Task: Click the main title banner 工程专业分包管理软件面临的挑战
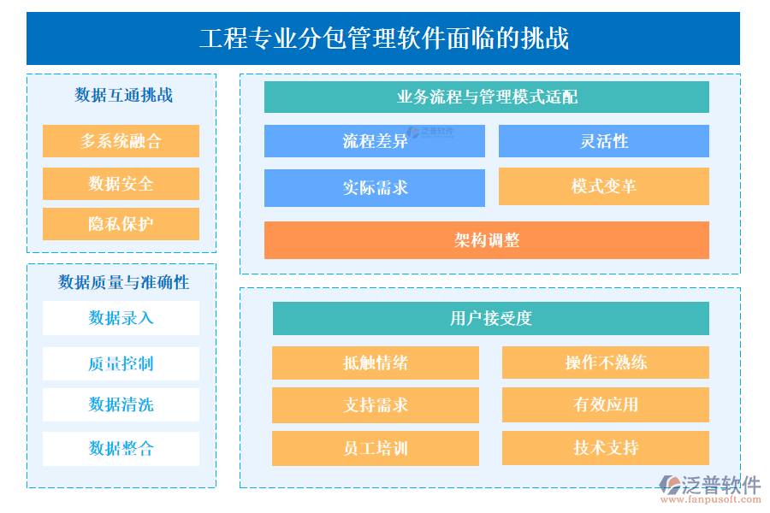click(x=383, y=38)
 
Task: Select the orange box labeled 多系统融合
click(x=121, y=141)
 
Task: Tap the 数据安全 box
click(x=121, y=184)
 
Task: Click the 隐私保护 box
click(x=121, y=224)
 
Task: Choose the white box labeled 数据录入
click(x=121, y=318)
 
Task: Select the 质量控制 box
click(x=121, y=363)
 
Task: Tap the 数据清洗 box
click(x=121, y=404)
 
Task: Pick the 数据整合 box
click(x=121, y=448)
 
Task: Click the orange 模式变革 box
click(x=603, y=186)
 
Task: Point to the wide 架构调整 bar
click(x=486, y=240)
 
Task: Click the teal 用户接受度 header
click(x=490, y=319)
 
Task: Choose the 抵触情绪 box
click(x=375, y=363)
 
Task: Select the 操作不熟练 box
click(x=605, y=363)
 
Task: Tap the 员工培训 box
click(x=375, y=449)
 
